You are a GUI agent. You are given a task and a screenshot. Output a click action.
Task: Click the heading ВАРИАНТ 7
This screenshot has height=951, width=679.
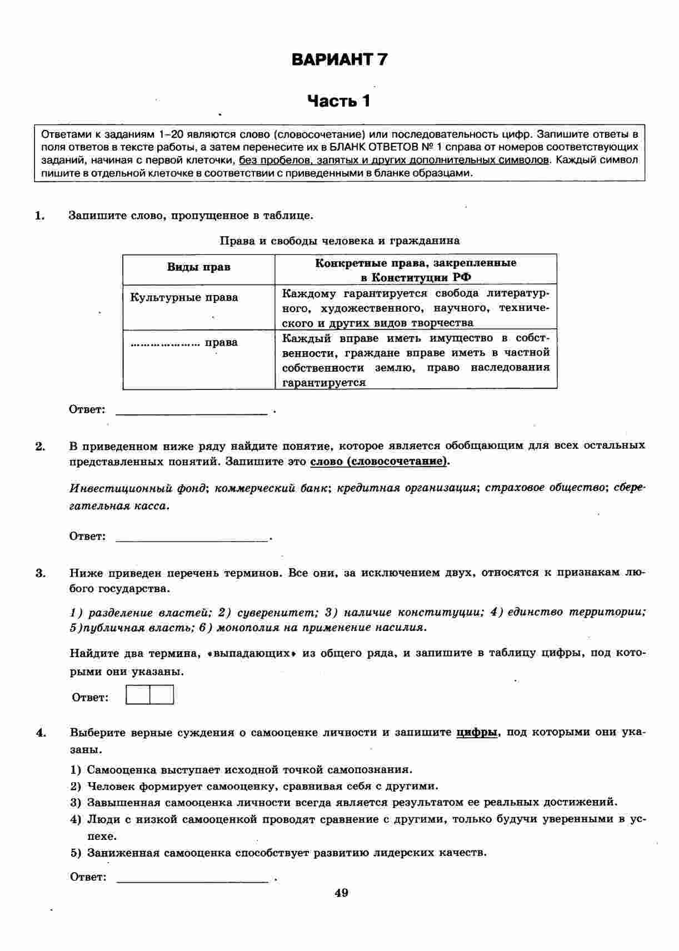[339, 59]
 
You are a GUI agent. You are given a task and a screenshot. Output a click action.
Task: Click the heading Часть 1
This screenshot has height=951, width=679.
[339, 101]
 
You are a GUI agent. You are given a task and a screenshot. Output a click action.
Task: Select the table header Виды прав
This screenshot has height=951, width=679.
[198, 267]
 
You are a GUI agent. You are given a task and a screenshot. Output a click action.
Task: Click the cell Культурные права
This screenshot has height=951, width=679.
[184, 297]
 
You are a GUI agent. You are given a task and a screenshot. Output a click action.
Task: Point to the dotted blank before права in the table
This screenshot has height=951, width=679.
[165, 343]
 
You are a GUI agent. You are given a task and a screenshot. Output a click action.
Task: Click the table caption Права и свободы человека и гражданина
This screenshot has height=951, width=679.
[339, 241]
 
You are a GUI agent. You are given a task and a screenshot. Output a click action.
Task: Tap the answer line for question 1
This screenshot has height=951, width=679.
[192, 411]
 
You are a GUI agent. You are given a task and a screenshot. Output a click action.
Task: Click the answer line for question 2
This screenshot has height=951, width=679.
[192, 538]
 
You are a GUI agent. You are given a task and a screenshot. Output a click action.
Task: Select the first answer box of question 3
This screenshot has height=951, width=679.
[138, 695]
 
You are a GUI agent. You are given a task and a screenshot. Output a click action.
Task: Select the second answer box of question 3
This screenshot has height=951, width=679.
[162, 695]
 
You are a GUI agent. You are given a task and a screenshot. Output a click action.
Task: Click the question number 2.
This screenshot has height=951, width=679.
[40, 446]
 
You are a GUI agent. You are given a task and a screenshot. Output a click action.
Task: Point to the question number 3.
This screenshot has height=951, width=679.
[40, 573]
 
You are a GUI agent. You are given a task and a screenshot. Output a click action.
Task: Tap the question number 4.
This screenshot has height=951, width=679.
[40, 733]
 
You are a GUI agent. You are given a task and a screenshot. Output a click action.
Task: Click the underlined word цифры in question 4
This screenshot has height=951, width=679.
[476, 732]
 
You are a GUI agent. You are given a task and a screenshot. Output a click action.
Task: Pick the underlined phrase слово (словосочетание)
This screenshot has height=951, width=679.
[380, 462]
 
